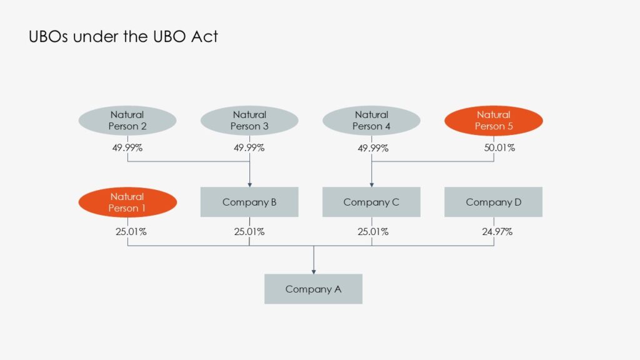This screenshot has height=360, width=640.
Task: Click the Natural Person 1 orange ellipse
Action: tap(127, 202)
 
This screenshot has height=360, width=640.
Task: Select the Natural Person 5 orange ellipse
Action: tap(494, 121)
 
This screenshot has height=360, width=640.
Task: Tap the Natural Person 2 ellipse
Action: tap(127, 121)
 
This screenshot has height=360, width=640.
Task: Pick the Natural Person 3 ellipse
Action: tap(249, 121)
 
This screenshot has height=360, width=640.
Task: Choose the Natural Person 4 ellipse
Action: tap(372, 121)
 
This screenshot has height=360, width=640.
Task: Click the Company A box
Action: tap(313, 289)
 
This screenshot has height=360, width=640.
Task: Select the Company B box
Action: tap(249, 202)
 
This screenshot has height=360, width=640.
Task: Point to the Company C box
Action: tap(372, 202)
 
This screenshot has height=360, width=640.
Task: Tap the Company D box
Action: tap(494, 202)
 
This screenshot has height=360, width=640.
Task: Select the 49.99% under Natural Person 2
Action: tap(127, 148)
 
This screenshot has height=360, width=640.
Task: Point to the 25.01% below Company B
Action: tap(249, 232)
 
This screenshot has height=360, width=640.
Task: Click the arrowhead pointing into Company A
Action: tap(313, 271)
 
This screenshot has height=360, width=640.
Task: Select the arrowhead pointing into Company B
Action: tap(249, 184)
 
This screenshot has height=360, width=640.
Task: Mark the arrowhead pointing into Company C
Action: tap(372, 184)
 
